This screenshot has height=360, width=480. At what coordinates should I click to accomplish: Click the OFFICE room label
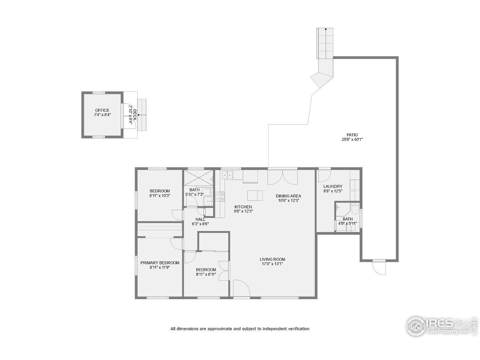(102, 111)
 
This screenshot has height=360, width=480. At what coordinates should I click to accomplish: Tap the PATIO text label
(352, 135)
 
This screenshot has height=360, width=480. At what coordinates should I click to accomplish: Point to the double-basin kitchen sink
(227, 174)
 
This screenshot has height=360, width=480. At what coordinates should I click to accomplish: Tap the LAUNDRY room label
(333, 186)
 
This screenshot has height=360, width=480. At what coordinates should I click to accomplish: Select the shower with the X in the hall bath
(197, 177)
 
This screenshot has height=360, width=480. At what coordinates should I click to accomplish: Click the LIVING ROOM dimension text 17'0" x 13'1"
(273, 264)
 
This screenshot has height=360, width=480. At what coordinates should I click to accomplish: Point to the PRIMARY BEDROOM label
(160, 263)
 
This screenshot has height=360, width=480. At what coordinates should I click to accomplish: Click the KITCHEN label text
(243, 207)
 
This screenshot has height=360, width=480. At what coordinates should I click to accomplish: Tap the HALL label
(200, 219)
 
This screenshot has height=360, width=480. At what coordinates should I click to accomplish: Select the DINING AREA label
(288, 196)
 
